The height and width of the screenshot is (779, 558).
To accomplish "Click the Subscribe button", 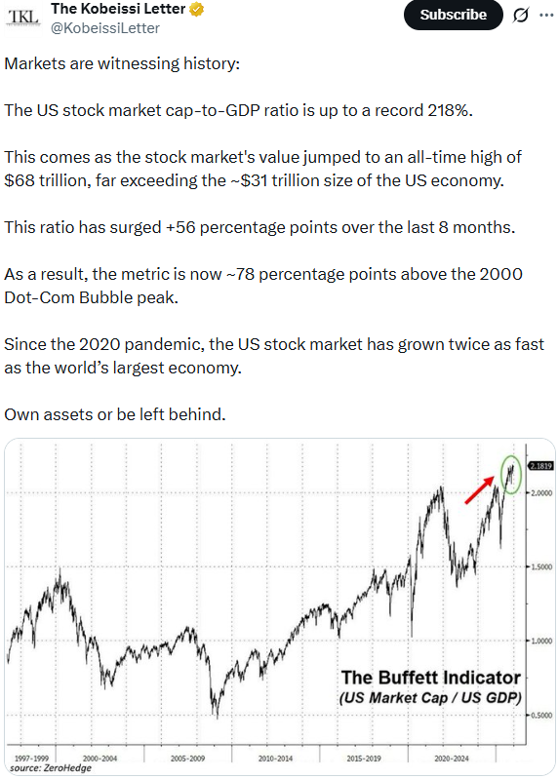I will (x=453, y=15).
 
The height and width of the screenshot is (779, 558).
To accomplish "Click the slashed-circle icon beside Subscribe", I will (x=520, y=16).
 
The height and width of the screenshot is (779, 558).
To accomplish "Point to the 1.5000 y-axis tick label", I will (x=539, y=567).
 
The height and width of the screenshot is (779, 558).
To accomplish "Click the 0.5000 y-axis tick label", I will (x=539, y=716).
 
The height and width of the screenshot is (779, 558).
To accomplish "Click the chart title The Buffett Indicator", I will (x=429, y=678).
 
